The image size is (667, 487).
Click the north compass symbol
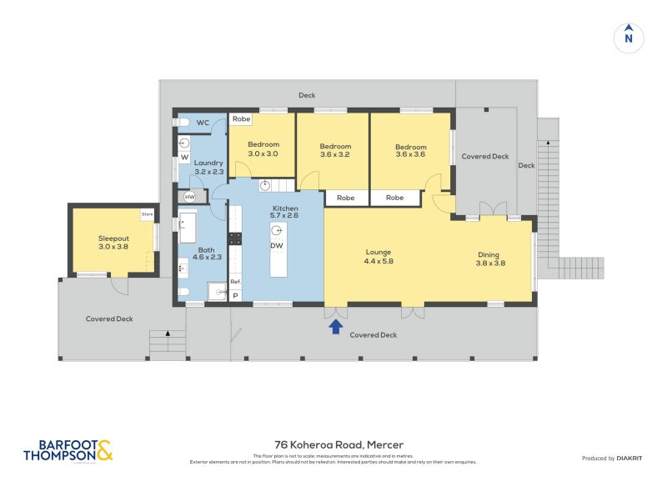(629, 38)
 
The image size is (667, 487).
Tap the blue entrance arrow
(335, 327)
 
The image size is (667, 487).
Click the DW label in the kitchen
(276, 245)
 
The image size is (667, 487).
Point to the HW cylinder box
(189, 197)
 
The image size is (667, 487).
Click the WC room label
(203, 123)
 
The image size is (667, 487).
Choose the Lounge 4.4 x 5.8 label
(378, 257)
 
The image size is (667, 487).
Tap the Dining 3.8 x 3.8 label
(490, 259)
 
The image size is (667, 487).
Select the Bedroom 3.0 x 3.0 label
(263, 149)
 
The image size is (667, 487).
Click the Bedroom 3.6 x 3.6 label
(410, 151)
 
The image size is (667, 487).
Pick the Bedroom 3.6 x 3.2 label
(335, 151)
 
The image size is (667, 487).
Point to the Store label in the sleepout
(147, 214)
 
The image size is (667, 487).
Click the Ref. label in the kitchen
(235, 282)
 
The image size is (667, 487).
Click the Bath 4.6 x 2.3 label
(207, 254)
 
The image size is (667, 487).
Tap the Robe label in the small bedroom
(241, 119)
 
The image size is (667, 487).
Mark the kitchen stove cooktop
(235, 238)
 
